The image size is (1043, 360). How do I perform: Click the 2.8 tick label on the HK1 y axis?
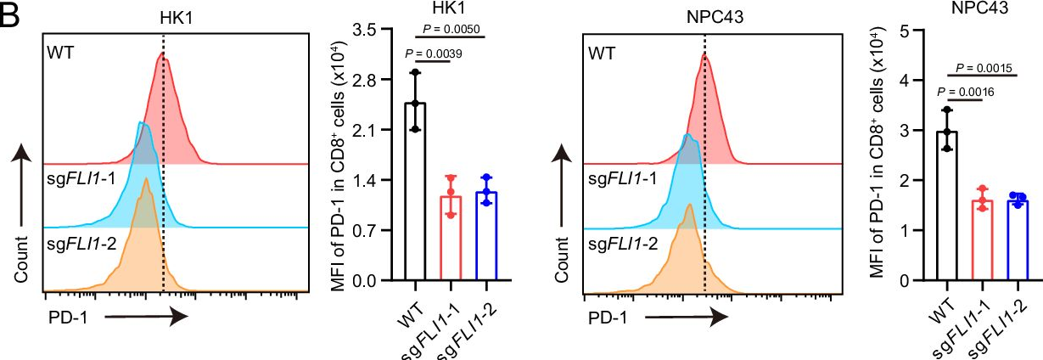click(x=377, y=80)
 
